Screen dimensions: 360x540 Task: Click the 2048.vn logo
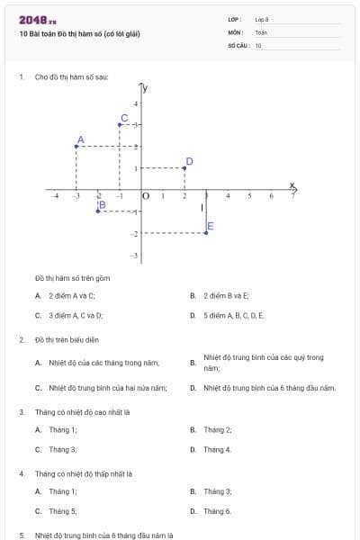[x=37, y=19]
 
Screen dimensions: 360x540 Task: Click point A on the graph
[x=76, y=146]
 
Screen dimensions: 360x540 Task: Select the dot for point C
[x=120, y=124]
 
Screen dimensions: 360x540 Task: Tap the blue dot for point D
[x=184, y=167]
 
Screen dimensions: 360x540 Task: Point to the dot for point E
[x=206, y=232]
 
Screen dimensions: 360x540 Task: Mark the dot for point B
[x=98, y=211]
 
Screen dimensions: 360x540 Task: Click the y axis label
[x=146, y=88]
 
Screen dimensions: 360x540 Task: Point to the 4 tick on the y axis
[x=136, y=103]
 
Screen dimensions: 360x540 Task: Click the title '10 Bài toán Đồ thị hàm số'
[x=79, y=34]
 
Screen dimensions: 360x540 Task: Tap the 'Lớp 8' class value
[x=262, y=19]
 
